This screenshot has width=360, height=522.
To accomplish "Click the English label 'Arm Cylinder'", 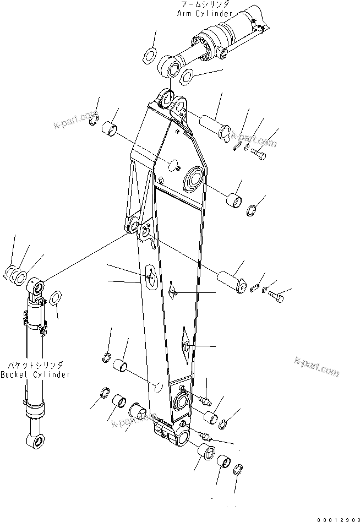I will coord(205,13).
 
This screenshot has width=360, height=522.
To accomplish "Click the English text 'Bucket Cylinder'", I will coord(36,375).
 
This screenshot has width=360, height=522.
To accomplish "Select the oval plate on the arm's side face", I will coord(150,275).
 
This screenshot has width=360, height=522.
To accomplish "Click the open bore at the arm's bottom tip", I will coord(182,438).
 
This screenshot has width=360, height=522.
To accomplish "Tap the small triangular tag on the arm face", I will coord(172,291).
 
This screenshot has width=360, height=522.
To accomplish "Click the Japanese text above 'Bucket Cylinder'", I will coord(34,366).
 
